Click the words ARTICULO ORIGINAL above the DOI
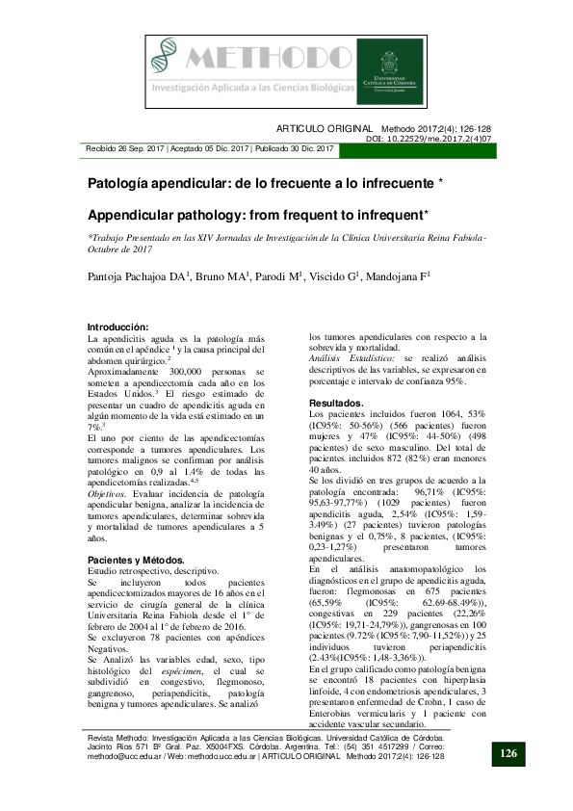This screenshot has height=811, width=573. coord(325,128)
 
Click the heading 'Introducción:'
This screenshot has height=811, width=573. coord(117,327)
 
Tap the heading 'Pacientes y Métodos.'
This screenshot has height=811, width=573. coord(136,560)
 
